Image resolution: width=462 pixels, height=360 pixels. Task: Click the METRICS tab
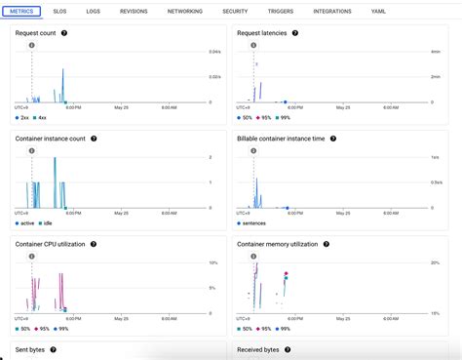[20, 11]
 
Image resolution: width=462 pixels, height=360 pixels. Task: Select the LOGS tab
[93, 11]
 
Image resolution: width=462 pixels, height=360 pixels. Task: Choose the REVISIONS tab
[134, 11]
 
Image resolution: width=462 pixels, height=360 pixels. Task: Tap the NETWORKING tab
[185, 11]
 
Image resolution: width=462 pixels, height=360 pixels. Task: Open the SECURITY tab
[235, 11]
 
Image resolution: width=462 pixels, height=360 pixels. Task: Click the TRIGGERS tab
[280, 11]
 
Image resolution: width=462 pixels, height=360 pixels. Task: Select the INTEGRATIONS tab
[332, 11]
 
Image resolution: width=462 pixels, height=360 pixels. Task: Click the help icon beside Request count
[64, 33]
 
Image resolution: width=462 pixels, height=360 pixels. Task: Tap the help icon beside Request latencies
[294, 33]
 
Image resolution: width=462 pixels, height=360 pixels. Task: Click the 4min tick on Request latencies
[435, 52]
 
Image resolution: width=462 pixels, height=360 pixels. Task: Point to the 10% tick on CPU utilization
[212, 263]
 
